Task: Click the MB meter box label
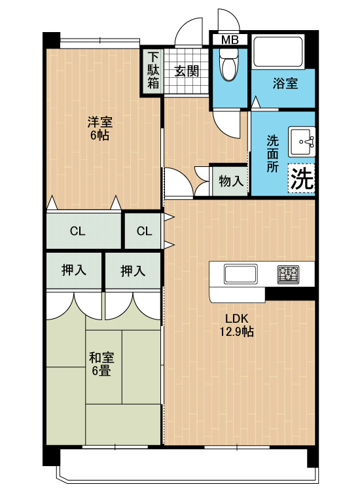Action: pyautogui.click(x=230, y=40)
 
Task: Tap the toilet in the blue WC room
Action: pyautogui.click(x=229, y=64)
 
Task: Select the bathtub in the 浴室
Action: pyautogui.click(x=278, y=52)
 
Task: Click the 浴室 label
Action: pyautogui.click(x=285, y=83)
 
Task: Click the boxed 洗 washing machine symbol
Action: pyautogui.click(x=301, y=178)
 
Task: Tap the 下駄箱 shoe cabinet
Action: pyautogui.click(x=153, y=71)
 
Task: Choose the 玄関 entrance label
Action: pyautogui.click(x=187, y=71)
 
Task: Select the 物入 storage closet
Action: pyautogui.click(x=230, y=181)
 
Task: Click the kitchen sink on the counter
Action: pyautogui.click(x=240, y=274)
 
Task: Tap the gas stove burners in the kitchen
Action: pyautogui.click(x=288, y=274)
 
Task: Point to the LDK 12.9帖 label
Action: pyautogui.click(x=236, y=325)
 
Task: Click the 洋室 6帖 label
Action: pyautogui.click(x=100, y=128)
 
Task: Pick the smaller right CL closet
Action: pyautogui.click(x=143, y=231)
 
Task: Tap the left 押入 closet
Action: pyautogui.click(x=74, y=270)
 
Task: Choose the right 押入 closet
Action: pyautogui.click(x=133, y=270)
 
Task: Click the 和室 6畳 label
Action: pyautogui.click(x=101, y=363)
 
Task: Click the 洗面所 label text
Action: pyautogui.click(x=272, y=154)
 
